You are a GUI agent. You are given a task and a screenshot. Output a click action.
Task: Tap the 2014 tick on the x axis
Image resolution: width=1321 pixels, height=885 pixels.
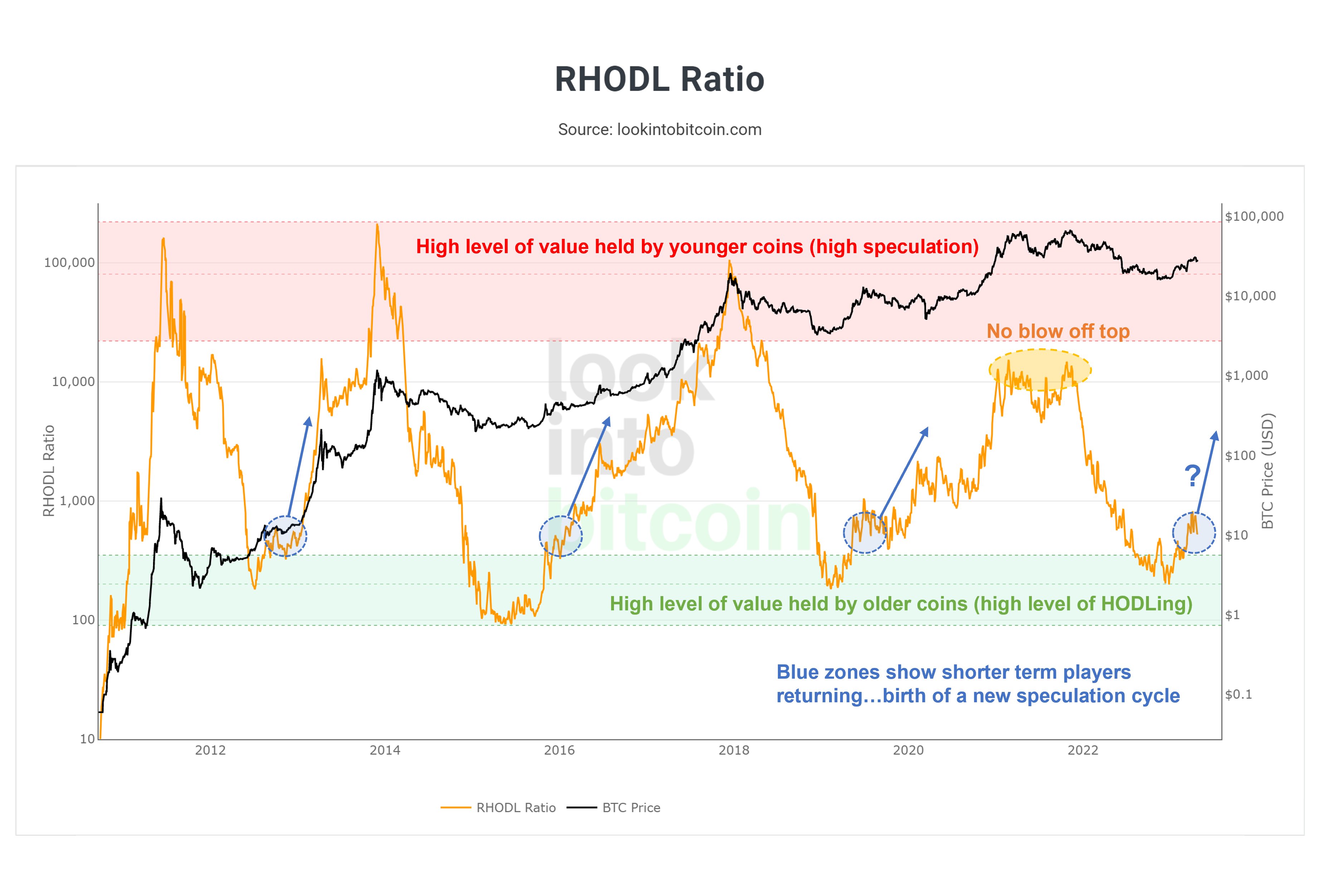point(385,750)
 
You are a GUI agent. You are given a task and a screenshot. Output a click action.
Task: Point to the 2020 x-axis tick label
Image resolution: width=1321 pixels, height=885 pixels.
point(908,750)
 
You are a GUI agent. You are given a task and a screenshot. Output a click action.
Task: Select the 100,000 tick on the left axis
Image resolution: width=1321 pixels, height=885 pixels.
point(69,263)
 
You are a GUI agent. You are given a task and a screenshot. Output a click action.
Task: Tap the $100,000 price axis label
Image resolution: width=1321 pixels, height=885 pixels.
point(1254,216)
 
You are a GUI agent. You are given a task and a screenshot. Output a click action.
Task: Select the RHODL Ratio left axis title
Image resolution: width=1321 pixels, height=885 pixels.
point(49,471)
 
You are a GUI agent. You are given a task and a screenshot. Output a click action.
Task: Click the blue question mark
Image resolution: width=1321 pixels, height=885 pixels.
point(1192,476)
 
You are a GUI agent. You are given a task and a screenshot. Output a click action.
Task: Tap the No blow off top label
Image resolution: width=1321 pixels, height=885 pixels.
point(1058,331)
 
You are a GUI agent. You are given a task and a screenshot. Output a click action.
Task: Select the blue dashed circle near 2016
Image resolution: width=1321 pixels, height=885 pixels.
point(560,536)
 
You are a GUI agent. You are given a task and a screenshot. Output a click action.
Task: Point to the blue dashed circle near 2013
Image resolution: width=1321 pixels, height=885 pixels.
point(286,536)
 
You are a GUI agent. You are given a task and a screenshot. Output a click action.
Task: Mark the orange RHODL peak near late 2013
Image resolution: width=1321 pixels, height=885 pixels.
point(377,226)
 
